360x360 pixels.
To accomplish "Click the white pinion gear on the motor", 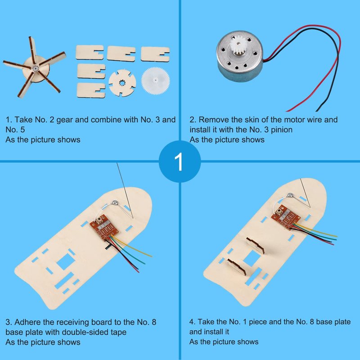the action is click(x=239, y=47).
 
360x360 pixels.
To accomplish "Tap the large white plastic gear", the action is click(x=155, y=81).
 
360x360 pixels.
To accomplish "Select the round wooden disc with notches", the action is click(x=122, y=83).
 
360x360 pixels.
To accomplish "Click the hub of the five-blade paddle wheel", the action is click(x=36, y=68).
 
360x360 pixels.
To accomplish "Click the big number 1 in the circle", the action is click(x=179, y=162).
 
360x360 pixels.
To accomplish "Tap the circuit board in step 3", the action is click(x=104, y=227).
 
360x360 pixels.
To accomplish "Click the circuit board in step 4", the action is click(x=286, y=216).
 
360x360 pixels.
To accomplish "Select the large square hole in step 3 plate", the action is click(x=66, y=261).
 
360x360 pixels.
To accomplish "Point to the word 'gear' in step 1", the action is click(x=65, y=120).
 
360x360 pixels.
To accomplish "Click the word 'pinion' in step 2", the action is click(x=282, y=130).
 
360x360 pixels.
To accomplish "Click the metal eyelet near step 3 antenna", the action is click(x=115, y=203).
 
